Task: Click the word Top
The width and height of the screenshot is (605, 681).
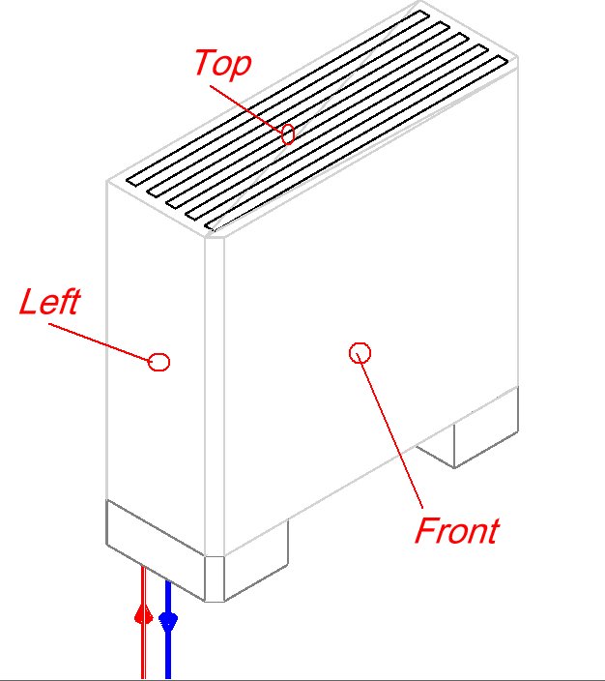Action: (222, 63)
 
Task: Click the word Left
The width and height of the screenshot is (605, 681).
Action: (49, 302)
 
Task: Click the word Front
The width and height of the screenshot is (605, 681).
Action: (456, 530)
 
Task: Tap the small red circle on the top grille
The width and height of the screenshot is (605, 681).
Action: (287, 134)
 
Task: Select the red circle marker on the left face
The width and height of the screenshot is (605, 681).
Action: (159, 362)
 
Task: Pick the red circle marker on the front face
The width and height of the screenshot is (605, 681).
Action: (360, 353)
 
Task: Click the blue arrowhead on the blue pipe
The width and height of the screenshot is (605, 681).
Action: (168, 620)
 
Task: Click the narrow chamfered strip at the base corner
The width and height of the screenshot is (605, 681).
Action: (214, 577)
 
